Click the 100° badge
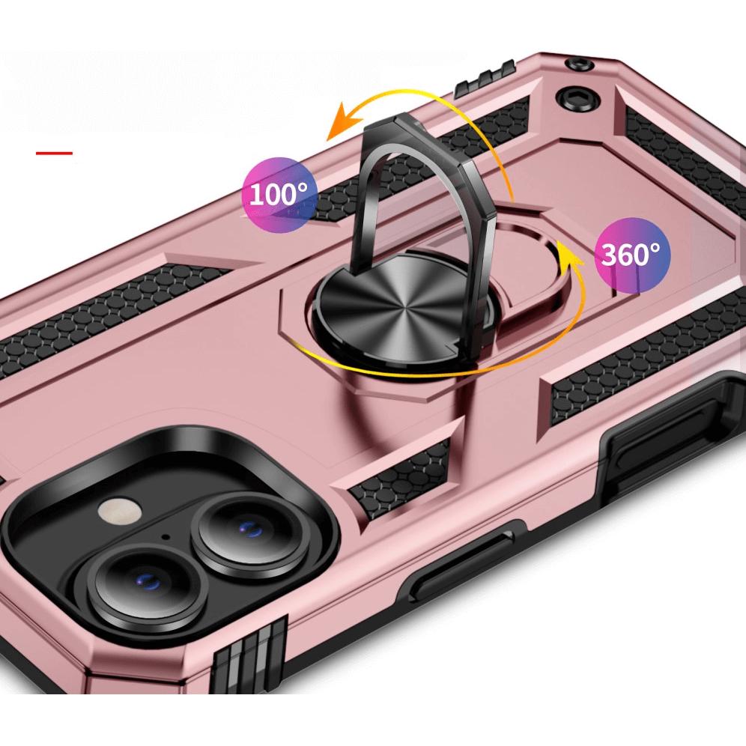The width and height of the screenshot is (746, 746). (x=278, y=195)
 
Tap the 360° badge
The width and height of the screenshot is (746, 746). (x=632, y=255)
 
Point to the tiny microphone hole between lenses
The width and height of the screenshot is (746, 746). (x=166, y=538)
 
